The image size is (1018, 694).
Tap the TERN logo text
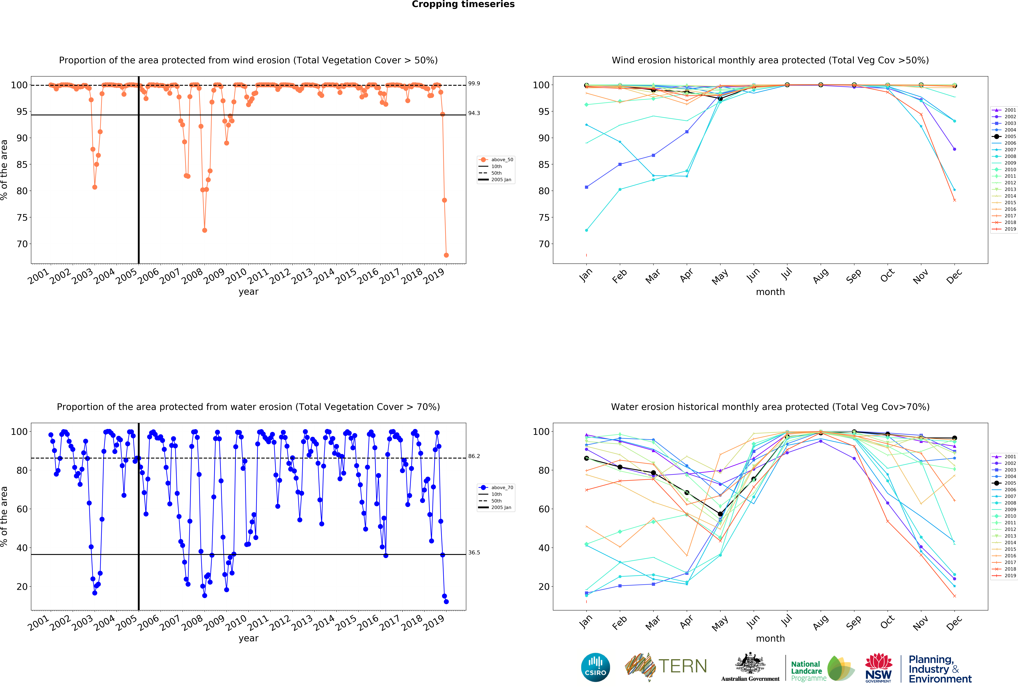[683, 666]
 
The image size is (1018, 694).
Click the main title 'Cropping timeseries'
[463, 4]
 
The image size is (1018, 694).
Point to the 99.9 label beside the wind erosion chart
[474, 83]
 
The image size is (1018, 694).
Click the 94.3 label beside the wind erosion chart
[474, 113]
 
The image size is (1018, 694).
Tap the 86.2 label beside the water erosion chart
[474, 456]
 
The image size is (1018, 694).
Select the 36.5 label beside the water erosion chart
[474, 553]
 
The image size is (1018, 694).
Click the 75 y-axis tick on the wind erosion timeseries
[22, 217]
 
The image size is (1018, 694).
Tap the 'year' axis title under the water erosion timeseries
[248, 638]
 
